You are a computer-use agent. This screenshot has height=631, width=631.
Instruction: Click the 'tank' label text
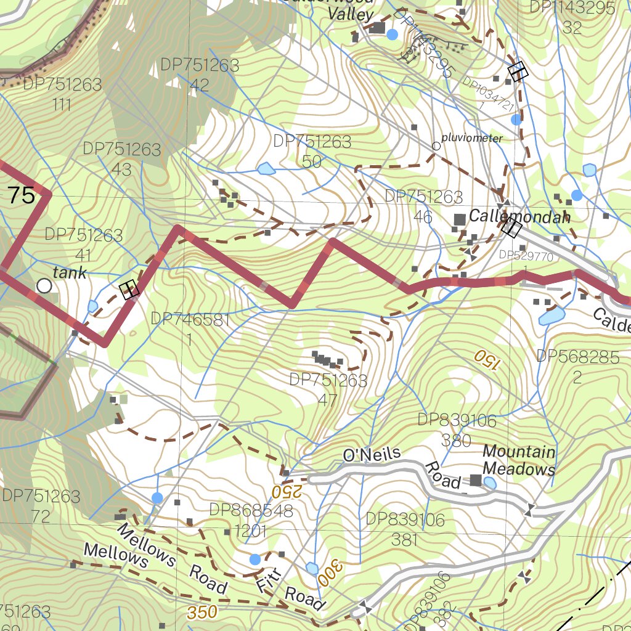click(70, 272)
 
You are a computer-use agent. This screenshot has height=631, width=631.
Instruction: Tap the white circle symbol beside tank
click(44, 286)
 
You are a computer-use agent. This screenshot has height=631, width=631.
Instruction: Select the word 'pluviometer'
click(471, 139)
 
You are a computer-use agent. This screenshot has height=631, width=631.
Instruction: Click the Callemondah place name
click(519, 217)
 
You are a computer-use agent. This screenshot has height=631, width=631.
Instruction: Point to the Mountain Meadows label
click(519, 460)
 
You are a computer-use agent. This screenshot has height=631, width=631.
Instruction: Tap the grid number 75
click(22, 196)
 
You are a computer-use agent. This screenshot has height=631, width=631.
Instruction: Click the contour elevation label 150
click(485, 358)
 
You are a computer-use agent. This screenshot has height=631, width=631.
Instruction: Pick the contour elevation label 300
click(328, 572)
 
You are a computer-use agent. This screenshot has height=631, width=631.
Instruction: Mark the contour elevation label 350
click(202, 613)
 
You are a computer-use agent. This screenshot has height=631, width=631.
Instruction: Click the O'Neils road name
click(372, 455)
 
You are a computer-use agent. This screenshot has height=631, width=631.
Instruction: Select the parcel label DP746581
click(190, 319)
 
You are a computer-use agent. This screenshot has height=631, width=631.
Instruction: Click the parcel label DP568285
click(577, 357)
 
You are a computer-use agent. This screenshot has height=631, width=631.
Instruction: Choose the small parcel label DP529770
click(526, 255)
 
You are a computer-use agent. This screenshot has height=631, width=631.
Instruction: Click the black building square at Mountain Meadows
click(476, 480)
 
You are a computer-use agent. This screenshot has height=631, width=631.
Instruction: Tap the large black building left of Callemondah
click(460, 219)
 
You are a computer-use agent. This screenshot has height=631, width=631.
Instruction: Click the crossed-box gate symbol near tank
click(129, 290)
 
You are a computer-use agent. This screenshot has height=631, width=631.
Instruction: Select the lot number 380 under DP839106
click(457, 441)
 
